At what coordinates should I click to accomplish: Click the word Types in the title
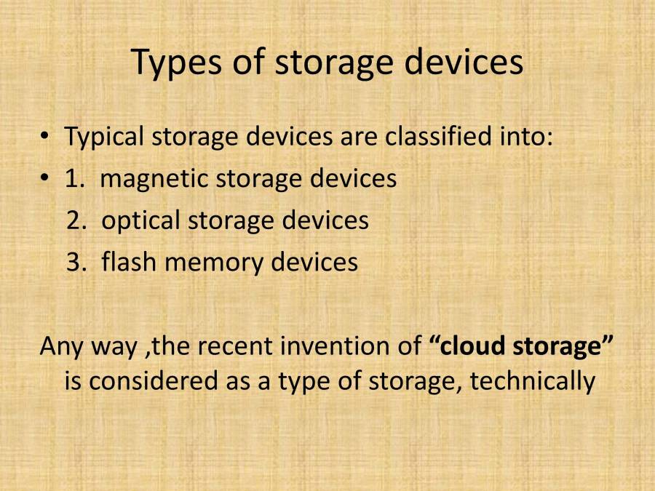[175, 63]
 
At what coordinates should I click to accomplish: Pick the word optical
[140, 220]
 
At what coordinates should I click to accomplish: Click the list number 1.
[73, 179]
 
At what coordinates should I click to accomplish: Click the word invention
[334, 346]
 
